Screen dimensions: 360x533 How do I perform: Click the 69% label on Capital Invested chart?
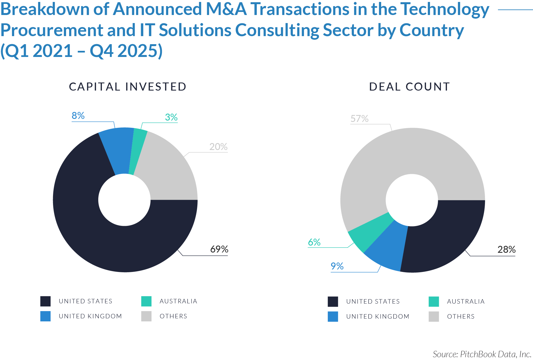point(219,249)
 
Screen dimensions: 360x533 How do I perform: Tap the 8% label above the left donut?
point(78,116)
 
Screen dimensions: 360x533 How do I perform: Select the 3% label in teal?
point(171,117)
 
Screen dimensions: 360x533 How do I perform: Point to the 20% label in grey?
point(218,147)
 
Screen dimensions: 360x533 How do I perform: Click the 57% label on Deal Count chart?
point(359,119)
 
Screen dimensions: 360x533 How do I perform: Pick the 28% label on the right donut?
point(506,249)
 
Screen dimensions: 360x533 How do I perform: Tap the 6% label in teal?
point(314,242)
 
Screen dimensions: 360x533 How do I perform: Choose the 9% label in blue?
point(337,266)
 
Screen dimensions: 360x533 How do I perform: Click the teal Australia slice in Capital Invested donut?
point(138,150)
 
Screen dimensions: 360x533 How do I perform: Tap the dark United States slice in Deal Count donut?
point(444,236)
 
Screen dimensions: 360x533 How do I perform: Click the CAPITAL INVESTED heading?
point(127,87)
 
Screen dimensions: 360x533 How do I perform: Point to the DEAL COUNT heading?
point(409,87)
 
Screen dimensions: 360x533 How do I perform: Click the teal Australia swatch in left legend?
point(146,301)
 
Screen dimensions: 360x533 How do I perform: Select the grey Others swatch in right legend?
point(434,316)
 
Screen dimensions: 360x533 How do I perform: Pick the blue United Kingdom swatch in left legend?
point(46,316)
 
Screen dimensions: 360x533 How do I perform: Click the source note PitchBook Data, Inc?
point(482,354)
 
